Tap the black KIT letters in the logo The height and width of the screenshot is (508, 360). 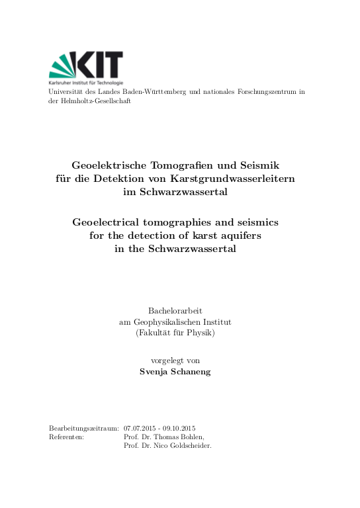(x=101, y=65)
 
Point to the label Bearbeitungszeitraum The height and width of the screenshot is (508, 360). (x=84, y=428)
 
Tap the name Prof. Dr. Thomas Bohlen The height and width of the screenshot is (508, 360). (x=164, y=437)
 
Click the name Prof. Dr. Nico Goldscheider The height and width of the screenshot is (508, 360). (x=167, y=446)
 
